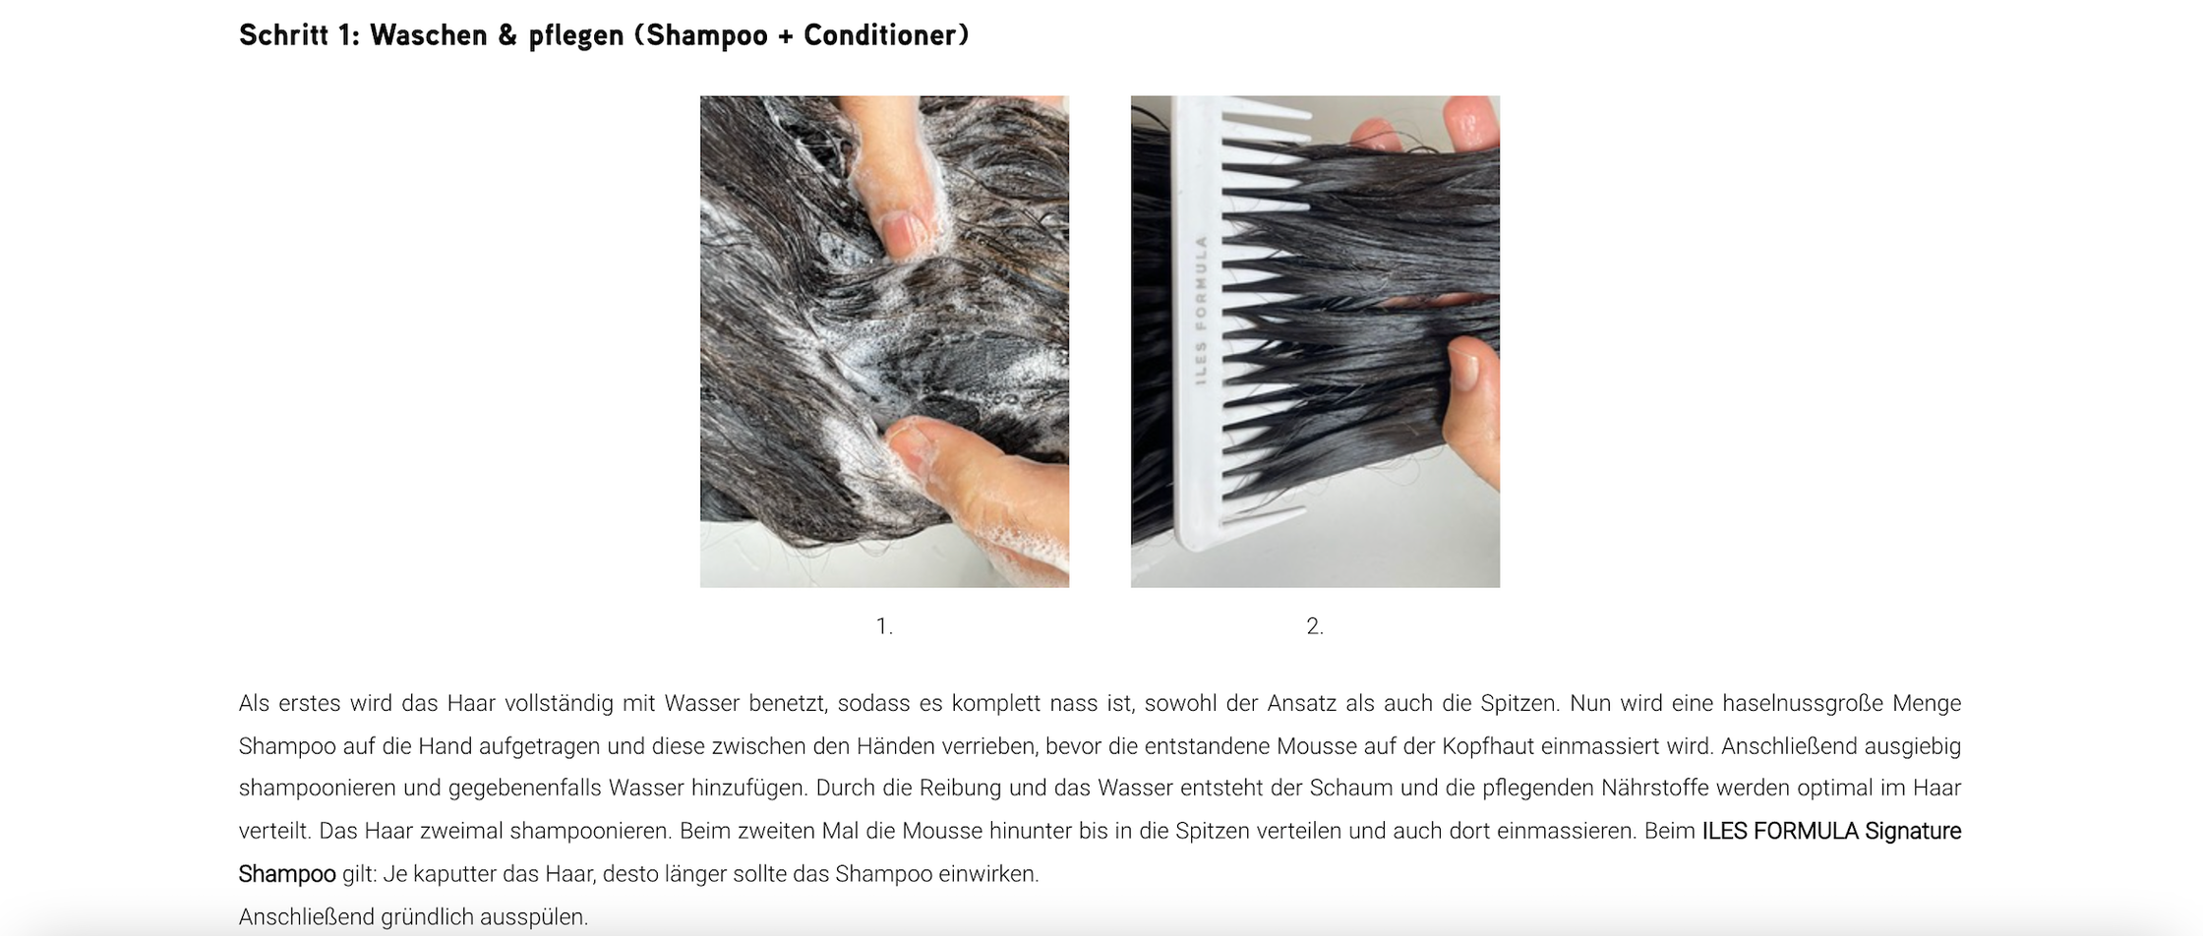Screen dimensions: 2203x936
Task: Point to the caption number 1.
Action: (x=884, y=626)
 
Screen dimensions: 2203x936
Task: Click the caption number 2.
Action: (x=1315, y=626)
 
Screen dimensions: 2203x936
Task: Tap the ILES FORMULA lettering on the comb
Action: (x=1201, y=309)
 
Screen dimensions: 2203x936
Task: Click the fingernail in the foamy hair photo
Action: (x=903, y=234)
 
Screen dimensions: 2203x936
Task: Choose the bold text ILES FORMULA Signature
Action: (x=1831, y=832)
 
